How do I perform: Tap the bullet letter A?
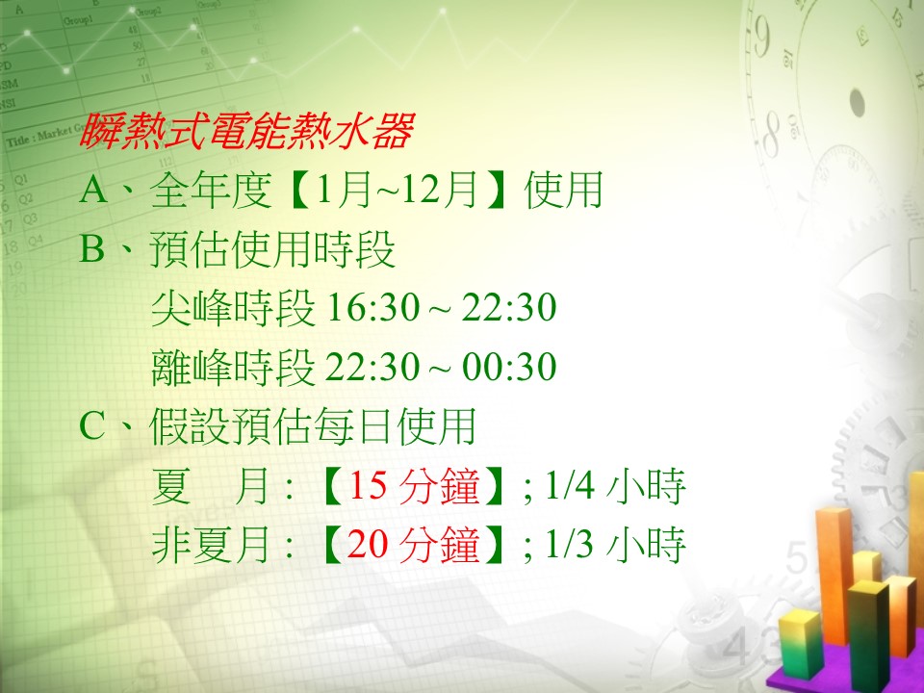[93, 190]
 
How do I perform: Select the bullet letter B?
[92, 248]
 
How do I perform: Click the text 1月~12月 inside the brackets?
[397, 190]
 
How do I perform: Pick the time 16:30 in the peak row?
[372, 308]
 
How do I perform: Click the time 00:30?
[509, 367]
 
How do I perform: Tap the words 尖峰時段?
[233, 308]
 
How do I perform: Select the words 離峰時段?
[233, 367]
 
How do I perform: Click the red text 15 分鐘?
[414, 486]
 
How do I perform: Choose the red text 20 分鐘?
[414, 544]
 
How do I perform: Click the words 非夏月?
[212, 544]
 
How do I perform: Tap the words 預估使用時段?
[272, 249]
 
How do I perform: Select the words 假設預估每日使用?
[312, 426]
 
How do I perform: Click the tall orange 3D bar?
[834, 575]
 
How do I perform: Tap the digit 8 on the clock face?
[771, 135]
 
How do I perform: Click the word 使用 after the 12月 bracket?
[563, 190]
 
